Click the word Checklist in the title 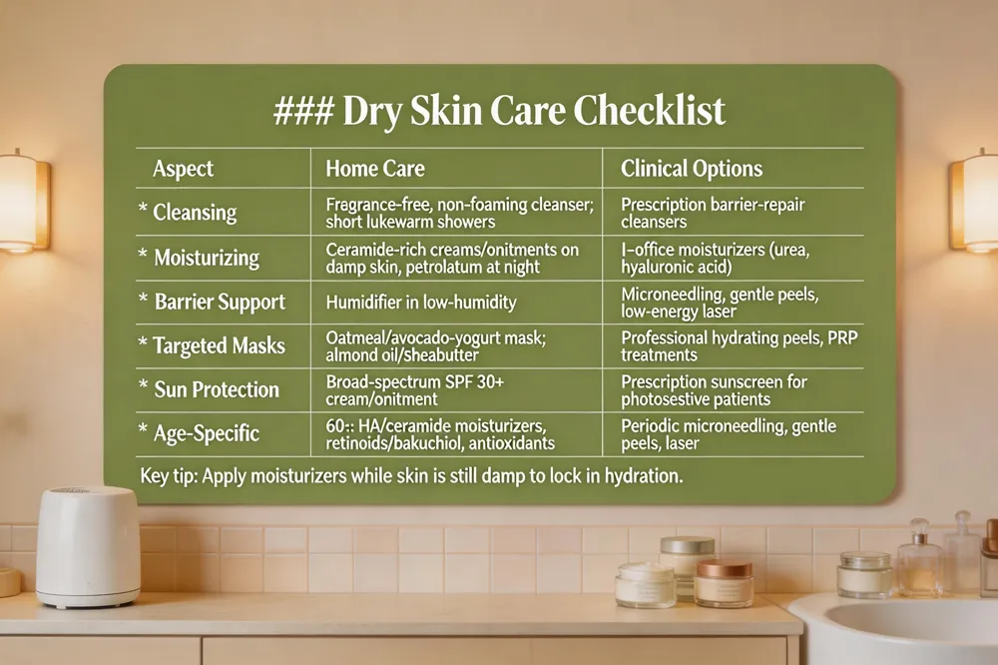[650, 111]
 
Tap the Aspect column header [184, 170]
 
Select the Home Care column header [375, 168]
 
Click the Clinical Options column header [692, 168]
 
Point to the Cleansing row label [195, 212]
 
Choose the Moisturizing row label [207, 258]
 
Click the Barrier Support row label [221, 302]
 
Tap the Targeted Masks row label [219, 345]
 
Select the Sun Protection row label [217, 389]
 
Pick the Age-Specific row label [207, 433]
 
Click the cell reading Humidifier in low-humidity [421, 302]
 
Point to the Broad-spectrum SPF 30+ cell [415, 390]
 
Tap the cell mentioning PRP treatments [739, 345]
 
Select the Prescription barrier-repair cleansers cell [713, 213]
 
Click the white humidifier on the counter [88, 546]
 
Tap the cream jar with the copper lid [724, 583]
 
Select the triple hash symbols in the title [303, 111]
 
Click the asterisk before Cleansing [143, 208]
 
